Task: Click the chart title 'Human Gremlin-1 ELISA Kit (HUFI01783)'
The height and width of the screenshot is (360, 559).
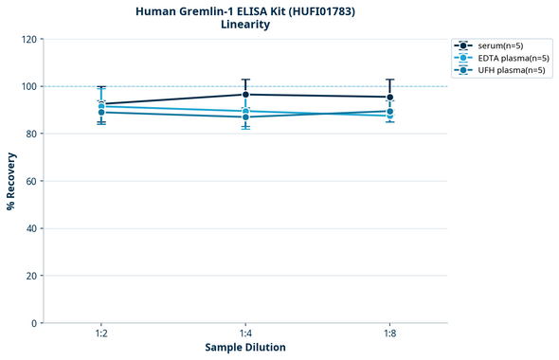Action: (x=244, y=10)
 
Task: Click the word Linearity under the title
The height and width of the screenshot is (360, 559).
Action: (x=244, y=25)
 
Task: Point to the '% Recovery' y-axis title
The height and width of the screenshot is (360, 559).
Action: (x=11, y=181)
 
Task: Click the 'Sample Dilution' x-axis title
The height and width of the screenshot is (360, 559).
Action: (x=245, y=348)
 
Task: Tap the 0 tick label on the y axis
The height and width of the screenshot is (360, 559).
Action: (x=33, y=323)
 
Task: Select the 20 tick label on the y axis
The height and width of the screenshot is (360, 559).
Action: (x=30, y=276)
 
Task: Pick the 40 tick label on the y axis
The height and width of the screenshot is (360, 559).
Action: (x=30, y=228)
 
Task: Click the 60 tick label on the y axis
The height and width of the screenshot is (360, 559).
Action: (x=30, y=181)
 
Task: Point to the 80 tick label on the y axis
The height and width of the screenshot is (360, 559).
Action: (x=30, y=134)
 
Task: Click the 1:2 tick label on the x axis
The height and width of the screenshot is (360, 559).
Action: (x=101, y=333)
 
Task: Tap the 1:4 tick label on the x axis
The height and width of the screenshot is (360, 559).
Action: (x=245, y=333)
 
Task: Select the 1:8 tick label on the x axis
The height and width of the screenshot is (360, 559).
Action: (x=389, y=333)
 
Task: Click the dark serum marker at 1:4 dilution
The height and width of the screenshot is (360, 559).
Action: (x=245, y=95)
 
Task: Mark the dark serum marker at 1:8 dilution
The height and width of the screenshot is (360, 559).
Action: (x=389, y=97)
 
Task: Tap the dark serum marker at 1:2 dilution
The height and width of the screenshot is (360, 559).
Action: (x=101, y=104)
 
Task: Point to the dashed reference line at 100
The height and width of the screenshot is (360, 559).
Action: (x=313, y=86)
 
